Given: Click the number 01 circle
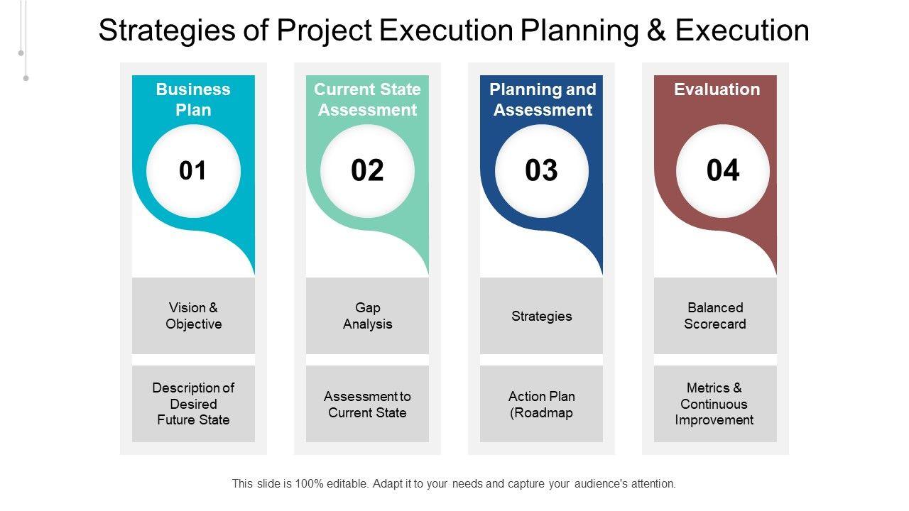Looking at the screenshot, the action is point(193,171).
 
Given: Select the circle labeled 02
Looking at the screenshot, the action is point(367,171).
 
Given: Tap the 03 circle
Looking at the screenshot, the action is point(541,171).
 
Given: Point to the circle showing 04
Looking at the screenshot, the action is point(723,171).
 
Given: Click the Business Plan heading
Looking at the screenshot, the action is point(193,100).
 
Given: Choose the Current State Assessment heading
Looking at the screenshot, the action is point(367,100).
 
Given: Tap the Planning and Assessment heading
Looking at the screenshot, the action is point(543,100).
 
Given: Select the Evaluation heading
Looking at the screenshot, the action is point(717,89).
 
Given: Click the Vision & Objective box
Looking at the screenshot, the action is point(193,316).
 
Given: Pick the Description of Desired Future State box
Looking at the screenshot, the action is point(193,404).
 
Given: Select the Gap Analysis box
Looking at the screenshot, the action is point(367,316).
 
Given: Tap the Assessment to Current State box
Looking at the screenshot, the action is point(367,404).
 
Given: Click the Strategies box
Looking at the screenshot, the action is point(541,316).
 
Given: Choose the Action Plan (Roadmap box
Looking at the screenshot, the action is point(541,404).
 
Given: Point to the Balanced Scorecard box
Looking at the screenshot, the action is point(715,316).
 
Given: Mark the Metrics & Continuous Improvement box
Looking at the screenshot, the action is point(715,404).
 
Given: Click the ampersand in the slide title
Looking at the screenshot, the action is point(656,31).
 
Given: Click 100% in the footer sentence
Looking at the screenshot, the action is point(309,483).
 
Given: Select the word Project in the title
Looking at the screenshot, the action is point(325,31).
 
